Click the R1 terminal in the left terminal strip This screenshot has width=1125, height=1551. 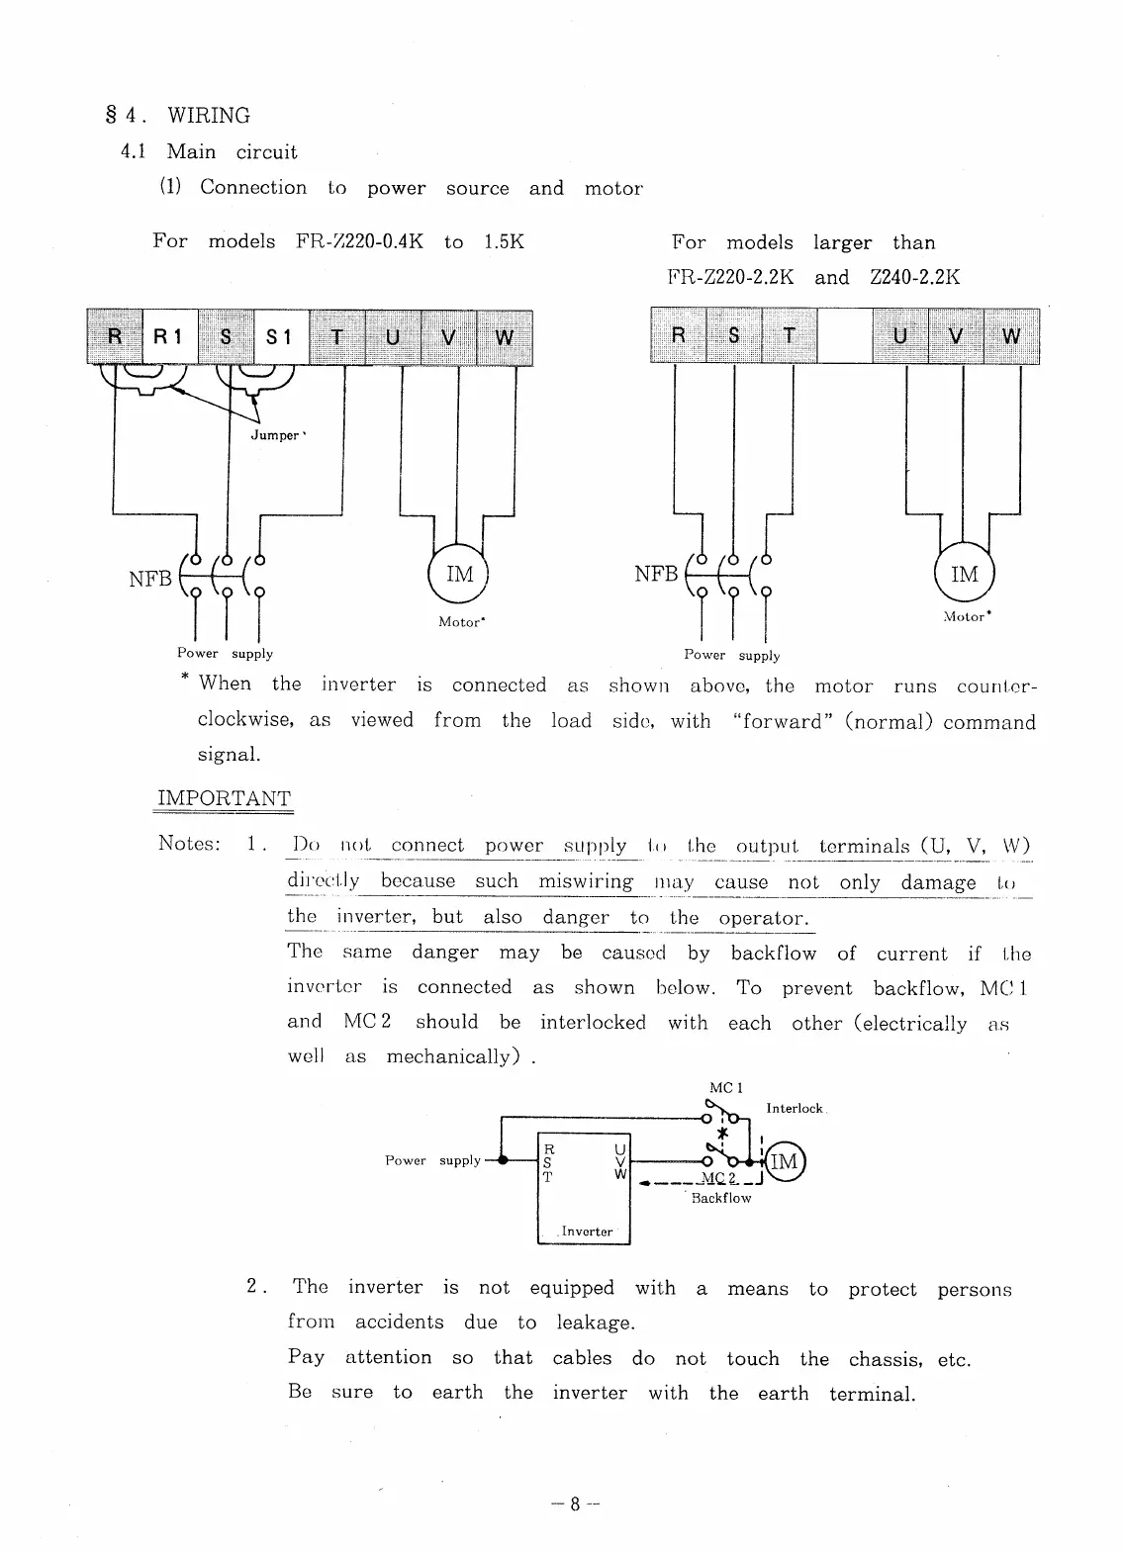(169, 337)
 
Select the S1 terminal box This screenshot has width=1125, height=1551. (281, 337)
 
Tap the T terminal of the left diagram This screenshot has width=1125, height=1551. (336, 337)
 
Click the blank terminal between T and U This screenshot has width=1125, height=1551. (844, 336)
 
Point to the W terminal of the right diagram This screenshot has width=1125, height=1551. (1011, 336)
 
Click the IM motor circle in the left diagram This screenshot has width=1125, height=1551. (459, 574)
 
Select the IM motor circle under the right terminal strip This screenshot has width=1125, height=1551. (964, 574)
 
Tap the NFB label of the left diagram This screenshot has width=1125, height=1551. (150, 579)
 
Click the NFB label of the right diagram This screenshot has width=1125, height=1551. (656, 575)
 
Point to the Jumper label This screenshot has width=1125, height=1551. (276, 435)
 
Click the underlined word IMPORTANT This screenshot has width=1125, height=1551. (225, 799)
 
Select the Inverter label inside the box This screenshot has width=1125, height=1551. (587, 1232)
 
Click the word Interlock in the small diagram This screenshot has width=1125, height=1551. (795, 1109)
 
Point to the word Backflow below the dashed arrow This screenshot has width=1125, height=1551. (721, 1198)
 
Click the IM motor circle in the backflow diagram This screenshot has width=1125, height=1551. (784, 1161)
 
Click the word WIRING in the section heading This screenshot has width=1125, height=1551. (209, 116)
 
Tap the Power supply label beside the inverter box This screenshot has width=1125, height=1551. (433, 1160)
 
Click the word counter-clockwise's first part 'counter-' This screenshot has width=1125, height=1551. (996, 685)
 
